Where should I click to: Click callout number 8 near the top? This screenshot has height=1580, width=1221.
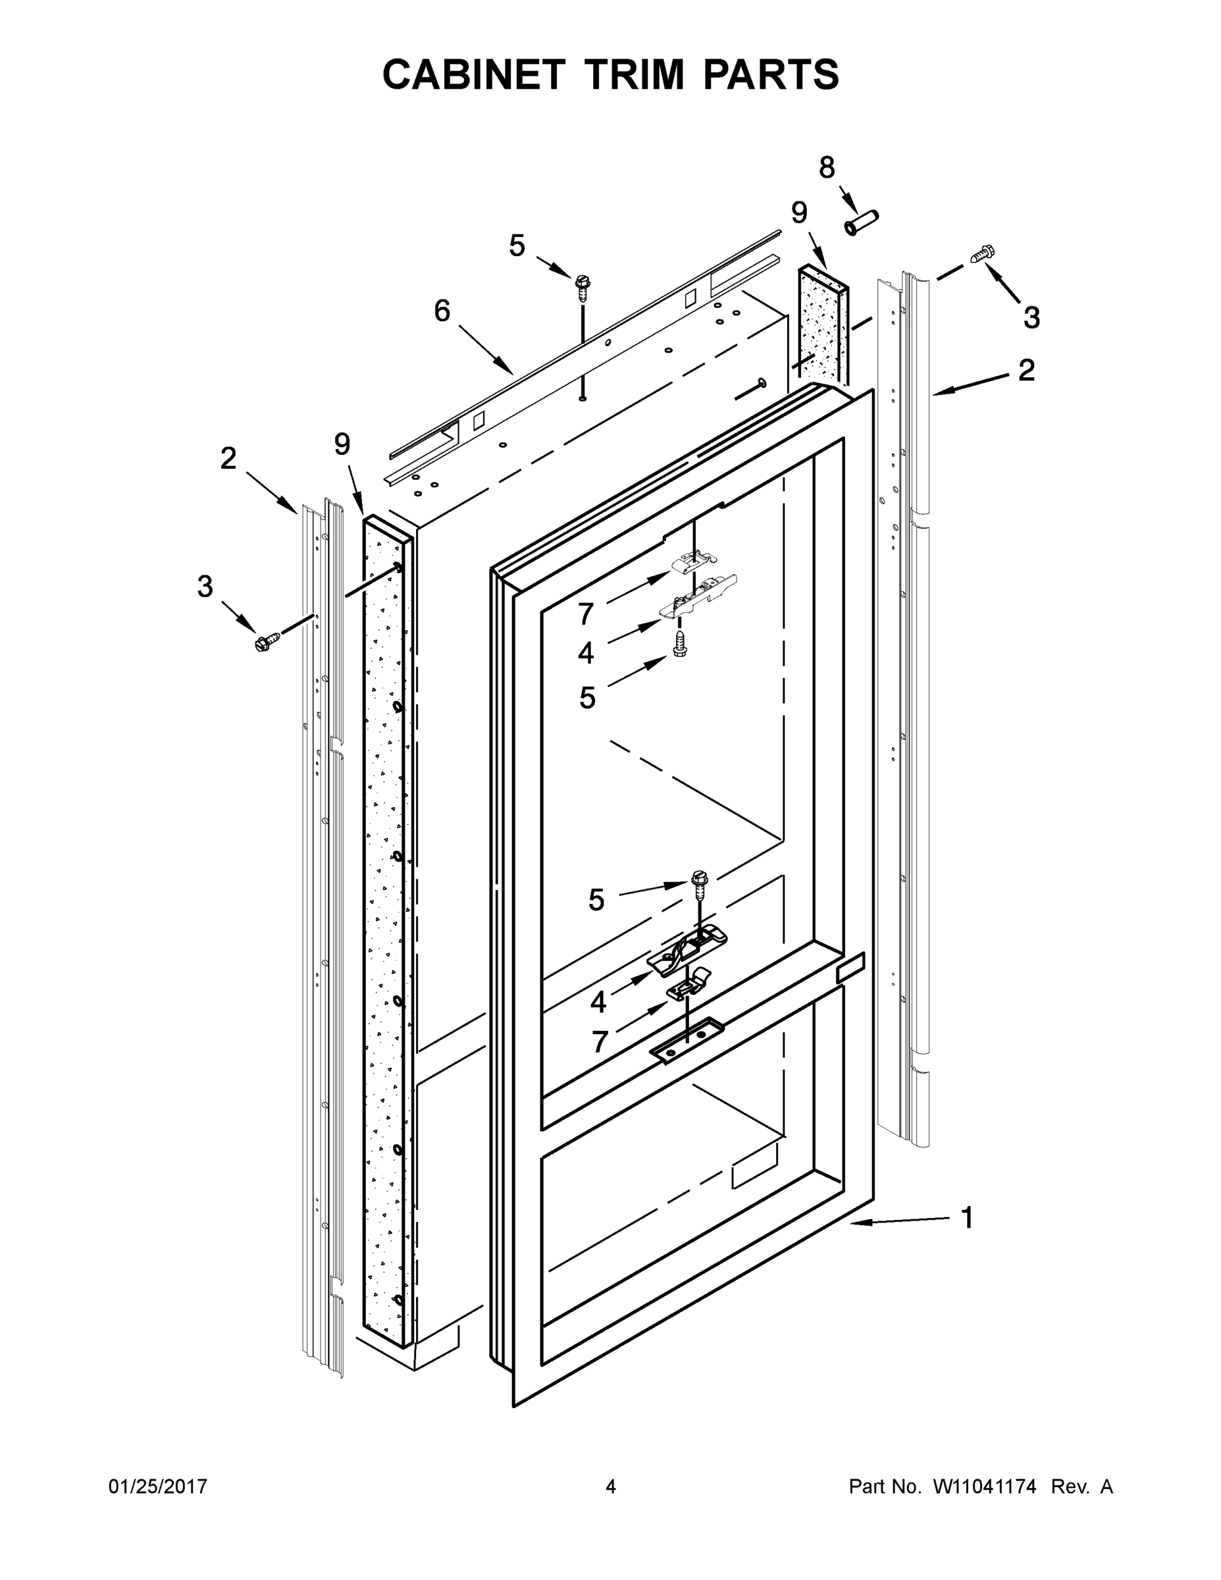[827, 168]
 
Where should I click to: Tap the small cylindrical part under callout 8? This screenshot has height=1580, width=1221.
[862, 221]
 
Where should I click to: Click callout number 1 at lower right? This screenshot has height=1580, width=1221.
[967, 1217]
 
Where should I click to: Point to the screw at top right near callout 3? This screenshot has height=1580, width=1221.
[982, 255]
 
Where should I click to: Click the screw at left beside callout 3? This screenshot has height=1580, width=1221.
[267, 641]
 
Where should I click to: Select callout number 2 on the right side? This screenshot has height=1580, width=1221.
[1026, 371]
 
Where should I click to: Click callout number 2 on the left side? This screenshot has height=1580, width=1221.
[228, 458]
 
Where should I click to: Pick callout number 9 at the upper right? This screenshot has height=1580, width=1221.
[798, 213]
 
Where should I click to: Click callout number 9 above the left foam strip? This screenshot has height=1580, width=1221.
[342, 444]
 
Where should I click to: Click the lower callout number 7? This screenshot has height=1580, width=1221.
[600, 1043]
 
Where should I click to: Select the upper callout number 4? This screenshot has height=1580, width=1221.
[586, 653]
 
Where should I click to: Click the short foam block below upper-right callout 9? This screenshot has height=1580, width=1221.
[822, 326]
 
